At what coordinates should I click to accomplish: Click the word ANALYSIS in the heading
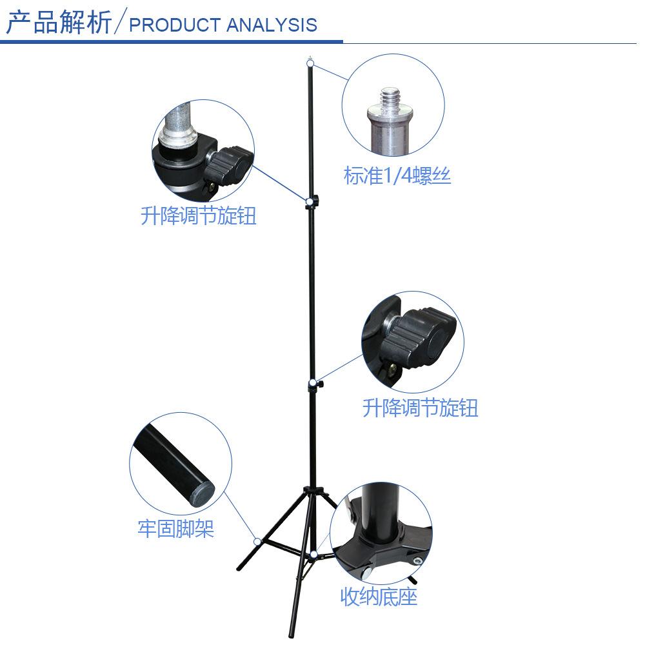point(272,25)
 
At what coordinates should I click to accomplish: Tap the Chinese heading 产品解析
point(59,22)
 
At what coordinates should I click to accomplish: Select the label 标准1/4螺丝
point(397,175)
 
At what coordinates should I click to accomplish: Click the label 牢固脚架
point(175,529)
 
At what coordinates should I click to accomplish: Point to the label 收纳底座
point(379,597)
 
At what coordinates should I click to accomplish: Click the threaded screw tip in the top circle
point(390,98)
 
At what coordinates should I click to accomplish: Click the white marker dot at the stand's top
point(311,63)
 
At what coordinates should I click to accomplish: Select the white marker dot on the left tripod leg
point(257,541)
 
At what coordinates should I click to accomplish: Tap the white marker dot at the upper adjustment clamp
point(310,201)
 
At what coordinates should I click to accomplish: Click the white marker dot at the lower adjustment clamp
point(313,384)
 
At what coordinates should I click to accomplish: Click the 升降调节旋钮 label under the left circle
point(199,215)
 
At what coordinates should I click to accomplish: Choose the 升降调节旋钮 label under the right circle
point(420,408)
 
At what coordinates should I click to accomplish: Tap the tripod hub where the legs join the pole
point(313,492)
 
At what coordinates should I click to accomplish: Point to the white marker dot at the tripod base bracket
point(314,554)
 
